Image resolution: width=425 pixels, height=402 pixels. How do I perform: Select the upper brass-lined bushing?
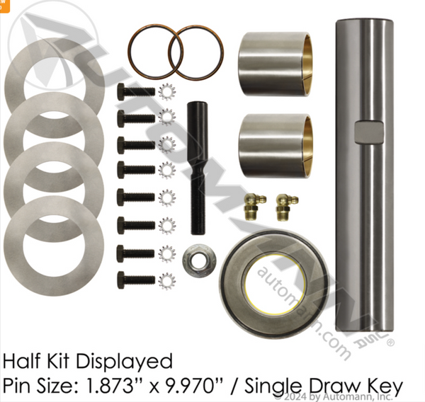274,63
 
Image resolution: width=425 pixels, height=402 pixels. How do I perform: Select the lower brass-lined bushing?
274,146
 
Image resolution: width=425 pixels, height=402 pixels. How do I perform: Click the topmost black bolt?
135,91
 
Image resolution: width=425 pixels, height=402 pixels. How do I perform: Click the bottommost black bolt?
135,279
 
